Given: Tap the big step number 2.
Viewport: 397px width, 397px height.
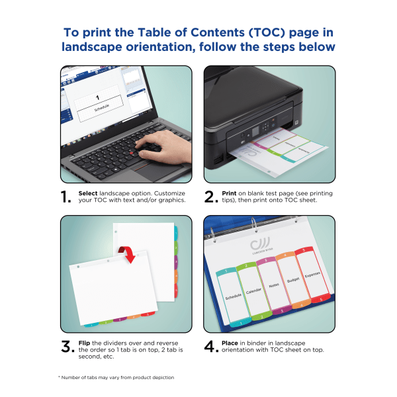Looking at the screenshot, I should [210, 197].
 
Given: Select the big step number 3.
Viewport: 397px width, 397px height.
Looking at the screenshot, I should [67, 346].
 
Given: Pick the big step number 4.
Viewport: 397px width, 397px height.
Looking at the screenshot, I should [210, 346].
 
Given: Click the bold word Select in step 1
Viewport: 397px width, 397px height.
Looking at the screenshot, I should [88, 193].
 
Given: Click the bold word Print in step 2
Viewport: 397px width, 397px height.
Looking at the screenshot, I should [230, 193].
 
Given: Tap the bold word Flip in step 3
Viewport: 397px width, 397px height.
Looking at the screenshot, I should [84, 342].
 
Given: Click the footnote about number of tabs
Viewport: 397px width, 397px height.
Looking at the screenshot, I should [116, 377].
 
